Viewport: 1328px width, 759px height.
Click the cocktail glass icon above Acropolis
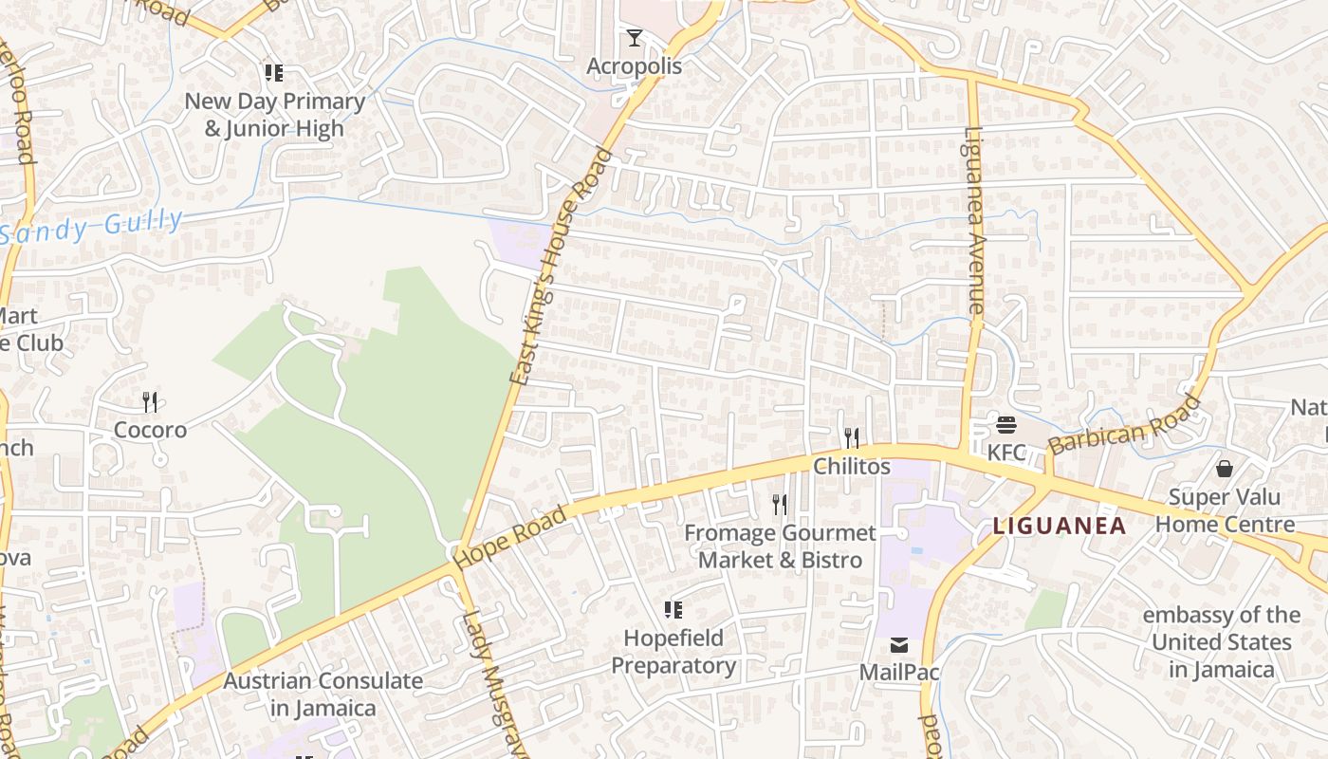(x=635, y=38)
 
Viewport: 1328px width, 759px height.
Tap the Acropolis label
(x=634, y=66)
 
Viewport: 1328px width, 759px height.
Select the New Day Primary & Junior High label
(x=274, y=114)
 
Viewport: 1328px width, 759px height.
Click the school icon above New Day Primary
(x=274, y=72)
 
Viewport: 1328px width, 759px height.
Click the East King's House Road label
(x=563, y=266)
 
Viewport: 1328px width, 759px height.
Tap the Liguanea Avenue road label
(x=975, y=220)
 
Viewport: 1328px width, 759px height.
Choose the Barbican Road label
(x=1125, y=424)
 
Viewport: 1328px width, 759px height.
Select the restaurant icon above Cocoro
(x=150, y=402)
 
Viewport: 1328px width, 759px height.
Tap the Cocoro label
(x=150, y=430)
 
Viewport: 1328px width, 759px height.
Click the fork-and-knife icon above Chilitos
(x=852, y=437)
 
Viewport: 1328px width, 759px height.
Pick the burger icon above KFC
(x=1006, y=424)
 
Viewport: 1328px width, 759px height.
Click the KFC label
(x=1006, y=453)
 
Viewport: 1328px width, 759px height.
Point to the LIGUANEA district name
(x=1060, y=526)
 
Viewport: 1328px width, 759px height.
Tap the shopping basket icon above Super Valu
(x=1225, y=469)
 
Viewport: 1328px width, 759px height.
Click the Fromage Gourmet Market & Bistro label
(x=780, y=546)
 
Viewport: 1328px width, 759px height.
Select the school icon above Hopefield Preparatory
(x=673, y=609)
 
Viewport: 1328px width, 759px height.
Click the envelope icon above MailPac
(x=898, y=645)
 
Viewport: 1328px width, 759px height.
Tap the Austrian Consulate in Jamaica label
(x=323, y=694)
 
